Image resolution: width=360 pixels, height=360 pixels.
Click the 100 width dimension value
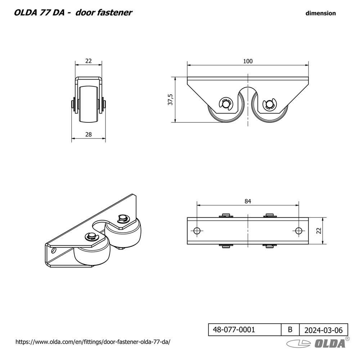[x=248, y=61]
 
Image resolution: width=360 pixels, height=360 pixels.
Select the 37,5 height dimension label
[x=171, y=99]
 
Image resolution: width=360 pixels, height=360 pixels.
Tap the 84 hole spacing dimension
[x=248, y=202]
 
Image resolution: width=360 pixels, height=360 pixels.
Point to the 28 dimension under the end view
[x=89, y=134]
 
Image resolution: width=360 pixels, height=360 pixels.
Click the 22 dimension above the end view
[x=89, y=61]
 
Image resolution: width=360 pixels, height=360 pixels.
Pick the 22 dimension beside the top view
[x=318, y=231]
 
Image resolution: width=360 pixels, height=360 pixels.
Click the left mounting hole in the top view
[x=197, y=231]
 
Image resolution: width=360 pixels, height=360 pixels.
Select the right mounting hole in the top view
[x=298, y=231]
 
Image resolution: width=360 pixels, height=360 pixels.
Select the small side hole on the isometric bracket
[x=54, y=249]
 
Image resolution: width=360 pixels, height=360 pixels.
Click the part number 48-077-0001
[x=234, y=329]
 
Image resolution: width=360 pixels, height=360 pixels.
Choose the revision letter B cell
[x=290, y=329]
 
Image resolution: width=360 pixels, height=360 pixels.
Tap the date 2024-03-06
[x=324, y=329]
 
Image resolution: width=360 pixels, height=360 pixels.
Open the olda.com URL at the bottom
[x=93, y=341]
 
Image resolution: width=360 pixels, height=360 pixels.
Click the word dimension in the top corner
[x=320, y=13]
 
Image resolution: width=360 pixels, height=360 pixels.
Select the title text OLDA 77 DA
[x=39, y=13]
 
